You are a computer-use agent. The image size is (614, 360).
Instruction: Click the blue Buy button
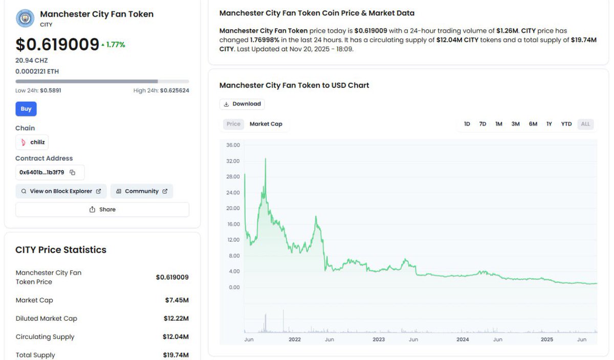coord(26,109)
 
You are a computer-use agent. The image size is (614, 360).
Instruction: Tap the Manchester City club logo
coord(25,18)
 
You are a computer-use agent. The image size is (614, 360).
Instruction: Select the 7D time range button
coord(483,124)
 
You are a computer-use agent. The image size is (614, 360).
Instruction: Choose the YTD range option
coord(566,124)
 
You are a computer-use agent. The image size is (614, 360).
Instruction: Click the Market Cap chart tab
coord(266,124)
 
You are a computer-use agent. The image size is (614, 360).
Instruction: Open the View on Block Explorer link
coord(61,191)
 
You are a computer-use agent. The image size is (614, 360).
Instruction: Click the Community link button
coord(142,191)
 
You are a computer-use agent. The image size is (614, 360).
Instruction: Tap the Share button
coord(102,209)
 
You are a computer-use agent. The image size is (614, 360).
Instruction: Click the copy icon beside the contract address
coord(73,172)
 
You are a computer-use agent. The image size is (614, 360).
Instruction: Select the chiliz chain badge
coord(32,142)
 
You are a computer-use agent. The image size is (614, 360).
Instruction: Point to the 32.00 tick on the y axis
coord(233,161)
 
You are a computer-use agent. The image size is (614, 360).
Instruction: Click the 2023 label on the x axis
coord(379,340)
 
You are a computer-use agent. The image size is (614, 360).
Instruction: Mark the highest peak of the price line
coord(265,159)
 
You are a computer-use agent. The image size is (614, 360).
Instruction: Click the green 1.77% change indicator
coord(114,45)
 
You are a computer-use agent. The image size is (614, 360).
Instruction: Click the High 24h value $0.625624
coord(174,91)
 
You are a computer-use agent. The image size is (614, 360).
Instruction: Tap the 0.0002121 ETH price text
coord(37,72)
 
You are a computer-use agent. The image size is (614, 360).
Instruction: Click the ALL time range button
coord(585,124)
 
